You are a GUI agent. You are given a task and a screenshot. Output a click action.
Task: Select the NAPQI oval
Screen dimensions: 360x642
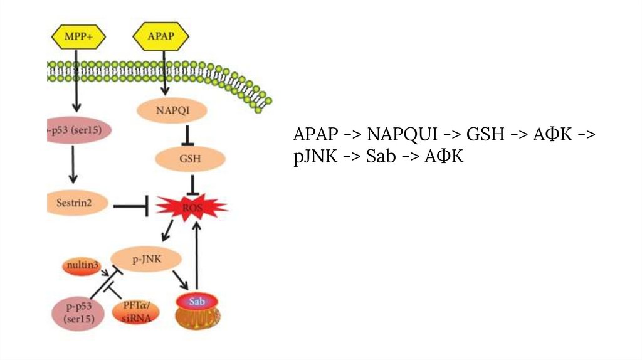(171, 112)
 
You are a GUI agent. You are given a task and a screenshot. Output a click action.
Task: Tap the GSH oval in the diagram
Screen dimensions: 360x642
(190, 159)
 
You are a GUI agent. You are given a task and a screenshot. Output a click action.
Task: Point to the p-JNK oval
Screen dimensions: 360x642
(146, 258)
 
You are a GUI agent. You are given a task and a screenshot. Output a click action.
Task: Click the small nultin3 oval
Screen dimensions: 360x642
(81, 265)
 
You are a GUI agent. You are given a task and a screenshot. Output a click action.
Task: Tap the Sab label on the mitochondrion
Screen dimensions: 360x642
(197, 300)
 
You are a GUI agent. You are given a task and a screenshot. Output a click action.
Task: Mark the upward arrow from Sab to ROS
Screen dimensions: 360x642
(197, 254)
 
